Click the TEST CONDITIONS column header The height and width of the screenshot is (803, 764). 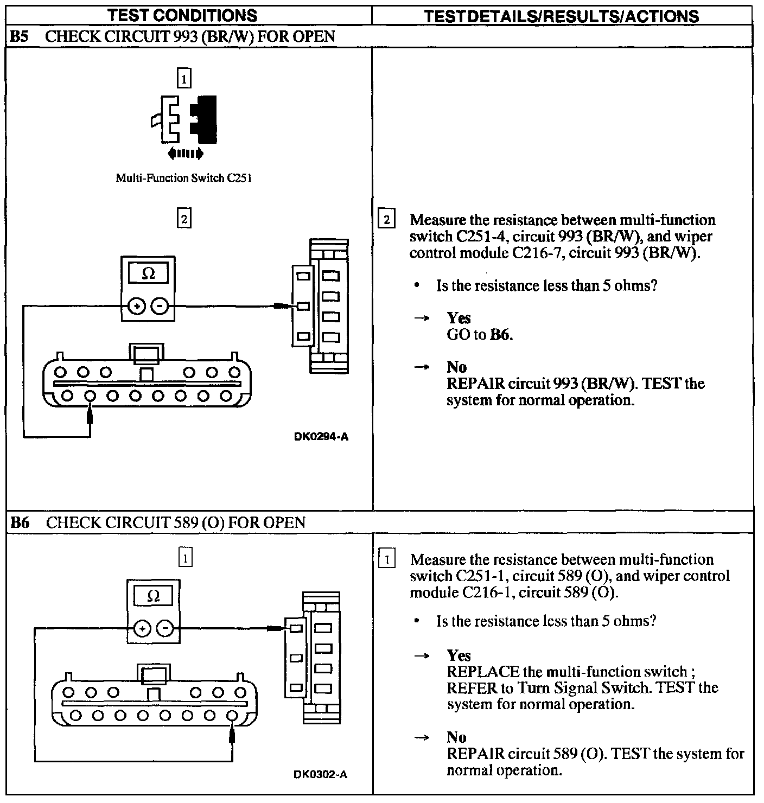(182, 15)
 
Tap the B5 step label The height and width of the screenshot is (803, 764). (20, 37)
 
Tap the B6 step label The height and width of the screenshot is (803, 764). (20, 522)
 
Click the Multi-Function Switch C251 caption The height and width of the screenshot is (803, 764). (183, 178)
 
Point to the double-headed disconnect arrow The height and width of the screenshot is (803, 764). (186, 154)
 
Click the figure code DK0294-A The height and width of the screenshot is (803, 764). (321, 437)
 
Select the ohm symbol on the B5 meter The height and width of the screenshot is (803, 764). (148, 274)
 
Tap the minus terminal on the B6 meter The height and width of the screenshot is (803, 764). (165, 629)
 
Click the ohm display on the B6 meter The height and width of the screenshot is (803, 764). (154, 596)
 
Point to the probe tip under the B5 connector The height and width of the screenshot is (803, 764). (90, 416)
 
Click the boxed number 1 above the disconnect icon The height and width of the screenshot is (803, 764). (184, 80)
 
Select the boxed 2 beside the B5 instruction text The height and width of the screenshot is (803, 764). (386, 220)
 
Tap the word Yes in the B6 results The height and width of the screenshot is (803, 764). (459, 655)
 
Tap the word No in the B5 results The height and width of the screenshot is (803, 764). (456, 367)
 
